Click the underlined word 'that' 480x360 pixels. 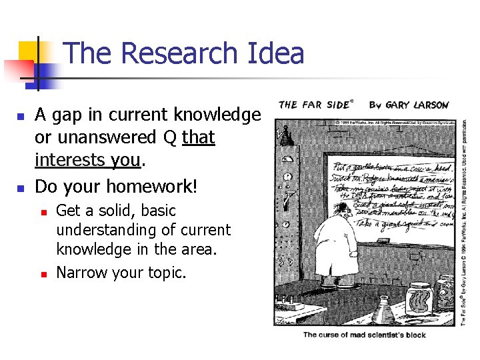[199, 138]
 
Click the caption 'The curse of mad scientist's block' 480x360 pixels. [364, 334]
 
